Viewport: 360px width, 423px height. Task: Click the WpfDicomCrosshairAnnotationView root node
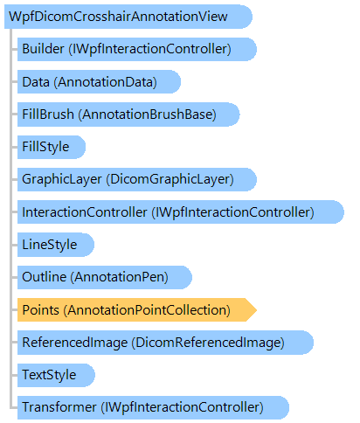(x=128, y=17)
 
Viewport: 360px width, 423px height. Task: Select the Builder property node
(x=137, y=49)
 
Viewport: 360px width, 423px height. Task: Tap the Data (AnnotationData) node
(x=99, y=82)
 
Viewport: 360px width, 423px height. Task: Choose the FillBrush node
(x=128, y=114)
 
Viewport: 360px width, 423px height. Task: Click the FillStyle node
(x=52, y=147)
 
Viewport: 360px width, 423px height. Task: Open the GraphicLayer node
(x=137, y=179)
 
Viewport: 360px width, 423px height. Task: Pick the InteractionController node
(x=181, y=212)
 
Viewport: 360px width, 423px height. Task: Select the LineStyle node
(x=56, y=245)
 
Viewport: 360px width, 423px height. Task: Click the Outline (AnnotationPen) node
(x=105, y=277)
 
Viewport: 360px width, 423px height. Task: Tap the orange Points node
(x=137, y=310)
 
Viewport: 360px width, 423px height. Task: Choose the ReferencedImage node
(x=165, y=343)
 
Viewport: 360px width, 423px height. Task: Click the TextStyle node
(x=56, y=375)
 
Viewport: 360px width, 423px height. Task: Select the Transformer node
(x=153, y=407)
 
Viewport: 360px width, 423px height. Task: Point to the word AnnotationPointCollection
(x=147, y=310)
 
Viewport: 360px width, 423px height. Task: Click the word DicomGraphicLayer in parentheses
(x=170, y=179)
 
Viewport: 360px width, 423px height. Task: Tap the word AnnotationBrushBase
(x=147, y=114)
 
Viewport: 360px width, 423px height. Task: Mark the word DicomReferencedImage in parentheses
(x=208, y=343)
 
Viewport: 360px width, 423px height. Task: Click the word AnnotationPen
(x=120, y=277)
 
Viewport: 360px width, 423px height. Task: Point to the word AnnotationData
(x=105, y=82)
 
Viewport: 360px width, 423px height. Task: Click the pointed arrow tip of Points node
(x=256, y=310)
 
